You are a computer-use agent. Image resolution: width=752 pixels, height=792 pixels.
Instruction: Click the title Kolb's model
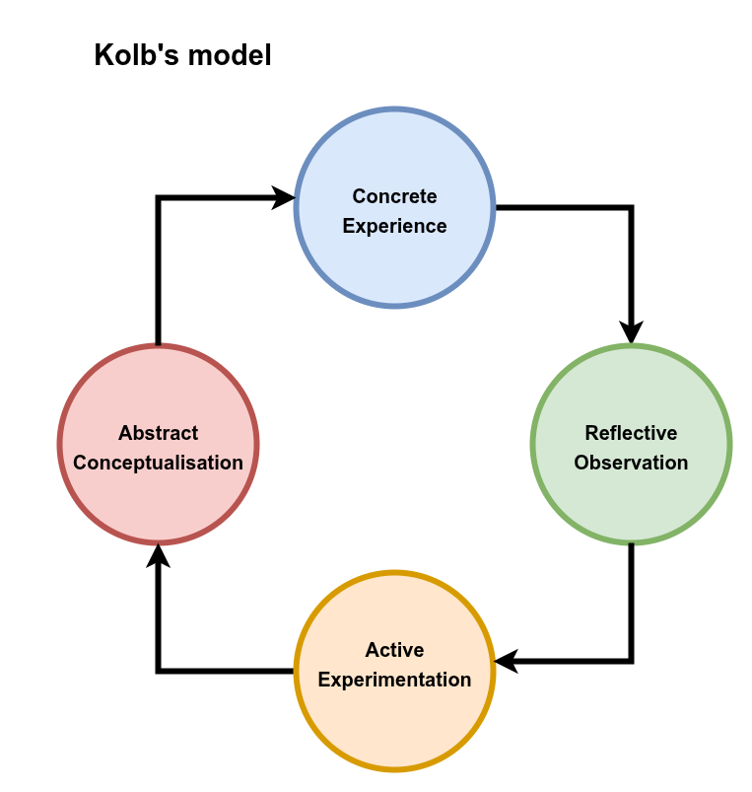tap(182, 55)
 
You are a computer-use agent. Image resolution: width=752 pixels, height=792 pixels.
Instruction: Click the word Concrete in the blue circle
tap(394, 196)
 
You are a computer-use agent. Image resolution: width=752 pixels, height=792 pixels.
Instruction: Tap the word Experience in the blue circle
tap(394, 226)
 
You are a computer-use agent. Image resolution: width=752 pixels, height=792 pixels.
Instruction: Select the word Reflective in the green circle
tap(631, 433)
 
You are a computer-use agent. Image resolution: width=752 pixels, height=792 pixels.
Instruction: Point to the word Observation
tap(631, 463)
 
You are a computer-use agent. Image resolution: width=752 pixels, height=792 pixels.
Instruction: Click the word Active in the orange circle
tap(394, 650)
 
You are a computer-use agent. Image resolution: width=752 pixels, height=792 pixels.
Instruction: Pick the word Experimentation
tap(394, 680)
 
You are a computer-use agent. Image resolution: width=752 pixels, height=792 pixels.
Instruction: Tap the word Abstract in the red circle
tap(158, 433)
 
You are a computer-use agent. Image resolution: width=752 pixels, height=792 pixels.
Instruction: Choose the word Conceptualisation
tap(158, 463)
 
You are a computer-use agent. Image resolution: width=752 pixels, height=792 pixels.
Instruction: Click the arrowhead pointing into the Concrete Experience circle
tap(285, 198)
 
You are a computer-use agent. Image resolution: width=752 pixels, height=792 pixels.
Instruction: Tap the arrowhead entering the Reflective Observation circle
tap(631, 333)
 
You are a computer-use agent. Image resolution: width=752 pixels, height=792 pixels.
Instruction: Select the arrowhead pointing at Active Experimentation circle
tap(506, 661)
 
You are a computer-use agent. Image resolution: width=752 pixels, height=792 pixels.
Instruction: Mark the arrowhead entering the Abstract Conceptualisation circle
tap(158, 556)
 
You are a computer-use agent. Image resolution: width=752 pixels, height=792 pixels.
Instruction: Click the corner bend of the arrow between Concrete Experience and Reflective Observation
tap(631, 208)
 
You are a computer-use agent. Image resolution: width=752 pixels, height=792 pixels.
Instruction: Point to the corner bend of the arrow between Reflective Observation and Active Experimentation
tap(631, 661)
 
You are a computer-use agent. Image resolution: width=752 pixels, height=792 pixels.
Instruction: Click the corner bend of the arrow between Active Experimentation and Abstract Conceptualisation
tap(158, 671)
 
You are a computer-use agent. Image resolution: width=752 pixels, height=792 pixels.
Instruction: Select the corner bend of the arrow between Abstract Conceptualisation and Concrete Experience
tap(158, 198)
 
